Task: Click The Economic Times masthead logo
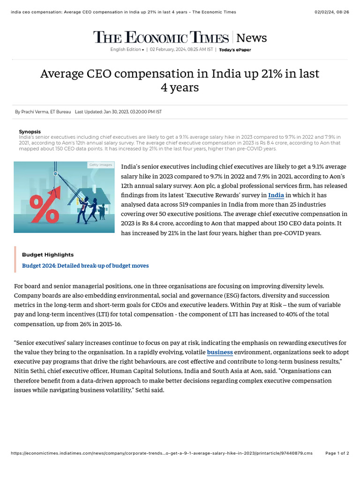coord(161,37)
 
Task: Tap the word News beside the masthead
coord(252,38)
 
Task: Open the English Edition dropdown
coord(127,50)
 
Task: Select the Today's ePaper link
coord(235,50)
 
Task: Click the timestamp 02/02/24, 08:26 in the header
coord(331,12)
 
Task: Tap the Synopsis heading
coord(30,132)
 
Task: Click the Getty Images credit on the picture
coord(100,165)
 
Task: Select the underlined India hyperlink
coord(276,195)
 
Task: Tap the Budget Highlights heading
coord(48,255)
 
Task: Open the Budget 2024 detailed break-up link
coord(85,266)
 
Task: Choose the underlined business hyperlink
coord(220,352)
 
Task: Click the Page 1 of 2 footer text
coord(337,453)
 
